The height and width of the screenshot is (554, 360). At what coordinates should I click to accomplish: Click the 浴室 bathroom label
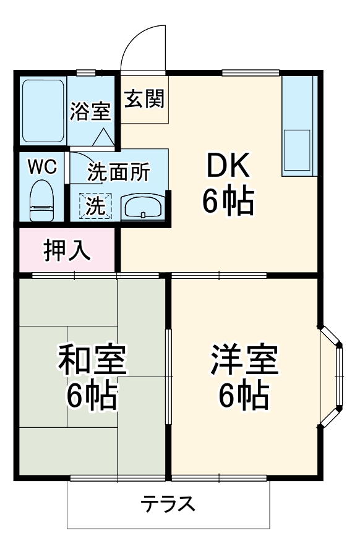point(90,111)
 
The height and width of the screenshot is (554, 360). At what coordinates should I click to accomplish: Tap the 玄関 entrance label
point(144,98)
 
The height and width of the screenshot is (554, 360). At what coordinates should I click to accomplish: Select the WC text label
point(42,166)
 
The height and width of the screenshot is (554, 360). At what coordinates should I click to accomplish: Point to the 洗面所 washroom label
point(118,173)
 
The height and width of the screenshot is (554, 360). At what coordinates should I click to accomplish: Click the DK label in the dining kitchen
point(228,166)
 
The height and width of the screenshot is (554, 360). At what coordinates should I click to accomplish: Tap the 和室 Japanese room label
point(93,362)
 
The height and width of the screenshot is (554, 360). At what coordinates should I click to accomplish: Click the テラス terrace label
point(168,505)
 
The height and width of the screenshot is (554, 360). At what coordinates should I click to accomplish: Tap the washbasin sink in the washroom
point(143,207)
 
